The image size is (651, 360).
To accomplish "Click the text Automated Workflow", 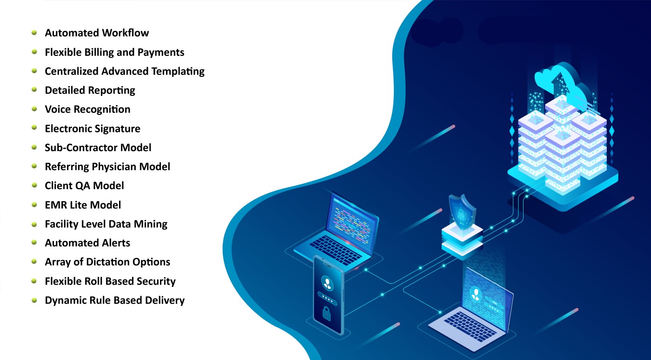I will coord(97,33).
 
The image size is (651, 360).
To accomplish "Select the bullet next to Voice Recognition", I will coord(34,109).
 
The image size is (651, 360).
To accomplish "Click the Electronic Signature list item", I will coord(92,128).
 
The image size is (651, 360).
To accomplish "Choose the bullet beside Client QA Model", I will coord(34,185).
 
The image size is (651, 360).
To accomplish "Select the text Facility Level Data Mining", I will coord(106,224).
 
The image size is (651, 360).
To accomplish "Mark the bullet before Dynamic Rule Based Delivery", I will coord(34,300).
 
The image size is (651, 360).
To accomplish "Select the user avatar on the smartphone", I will coord(328,282).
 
